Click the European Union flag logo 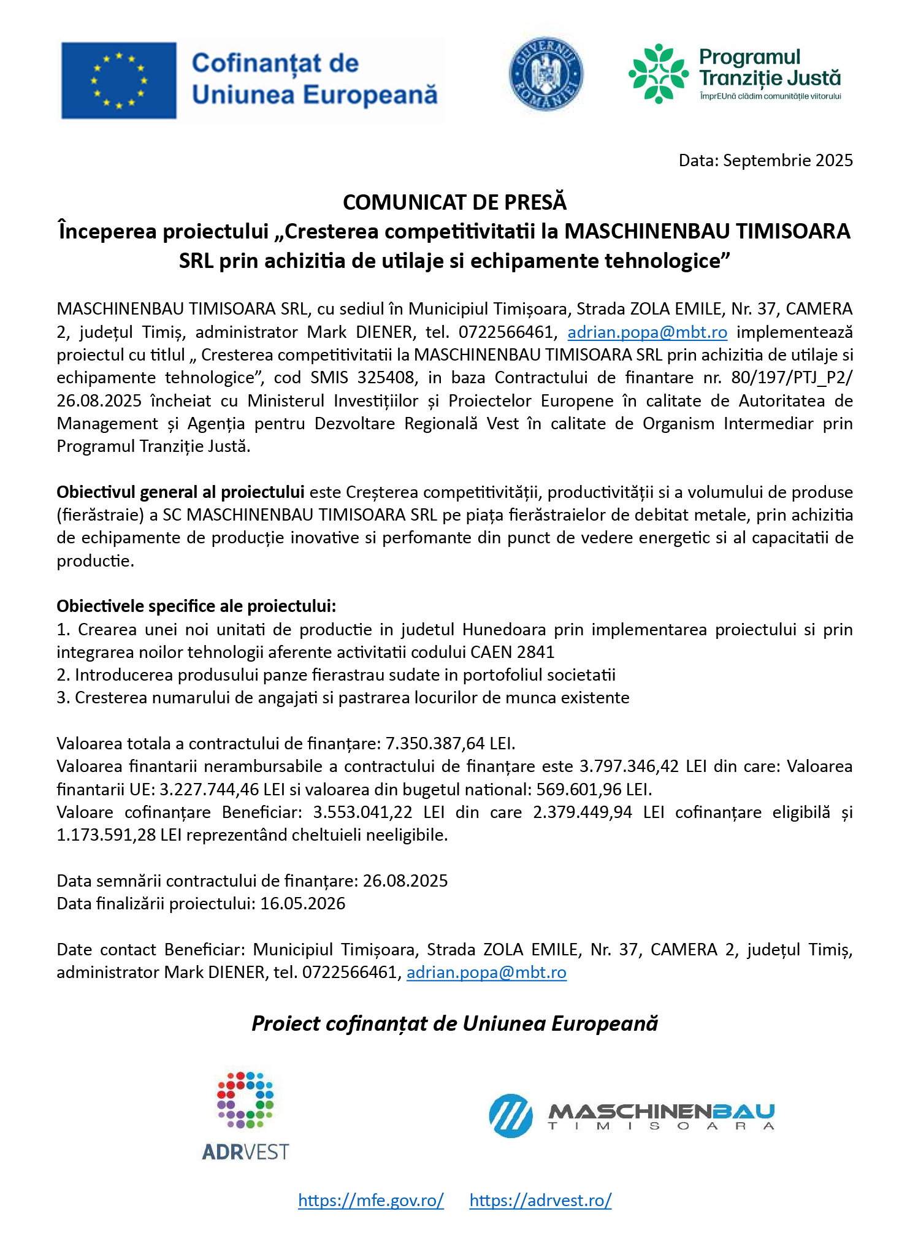pyautogui.click(x=119, y=80)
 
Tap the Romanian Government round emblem pyautogui.click(x=546, y=75)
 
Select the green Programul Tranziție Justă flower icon pyautogui.click(x=659, y=74)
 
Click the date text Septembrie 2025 pyautogui.click(x=788, y=161)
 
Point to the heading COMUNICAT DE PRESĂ pyautogui.click(x=454, y=202)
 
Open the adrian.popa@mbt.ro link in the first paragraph pyautogui.click(x=647, y=332)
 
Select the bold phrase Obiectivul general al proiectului pyautogui.click(x=180, y=492)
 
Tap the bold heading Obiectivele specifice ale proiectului pyautogui.click(x=196, y=606)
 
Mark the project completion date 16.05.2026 pyautogui.click(x=302, y=904)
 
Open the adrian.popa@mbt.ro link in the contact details pyautogui.click(x=486, y=972)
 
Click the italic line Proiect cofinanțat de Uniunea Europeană pyautogui.click(x=454, y=1023)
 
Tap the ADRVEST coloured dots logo pyautogui.click(x=245, y=1101)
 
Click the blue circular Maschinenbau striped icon pyautogui.click(x=510, y=1116)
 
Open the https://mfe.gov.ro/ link pyautogui.click(x=370, y=1200)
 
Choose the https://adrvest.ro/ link pyautogui.click(x=540, y=1200)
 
